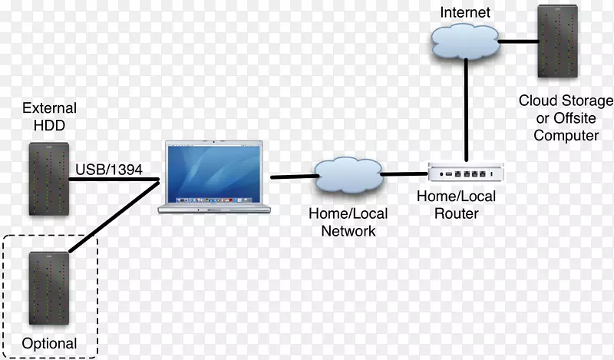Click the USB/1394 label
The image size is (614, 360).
tap(108, 170)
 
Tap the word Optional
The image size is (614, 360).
tap(50, 342)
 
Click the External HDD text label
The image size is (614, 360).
tap(49, 117)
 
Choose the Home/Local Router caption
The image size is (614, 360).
tap(456, 205)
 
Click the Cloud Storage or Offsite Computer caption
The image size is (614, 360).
tap(566, 117)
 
